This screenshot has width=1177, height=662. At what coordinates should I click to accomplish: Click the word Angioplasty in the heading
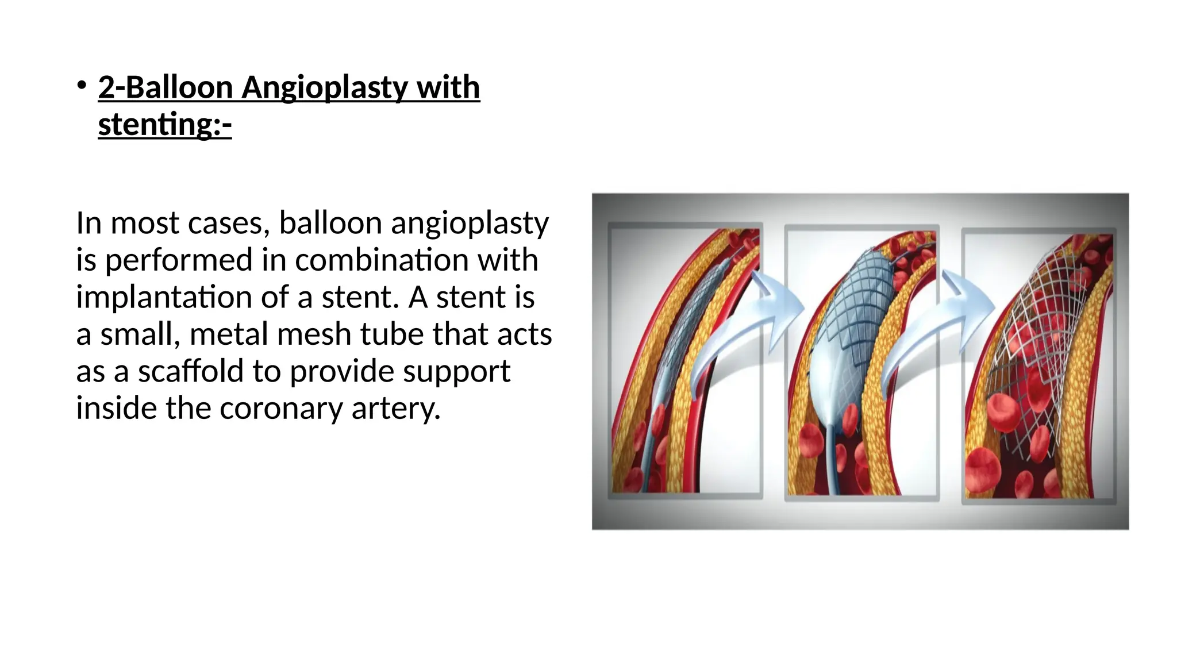coord(324,88)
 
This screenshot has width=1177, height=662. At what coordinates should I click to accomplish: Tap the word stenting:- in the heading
coord(164,125)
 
